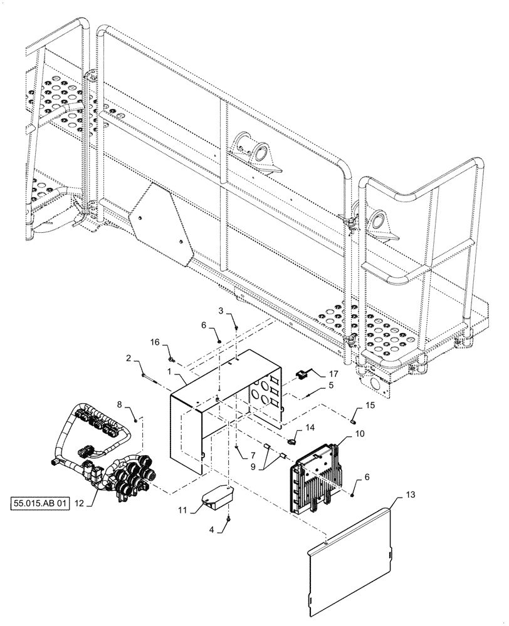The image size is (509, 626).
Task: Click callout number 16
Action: pos(155,342)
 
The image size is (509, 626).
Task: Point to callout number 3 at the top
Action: pos(221,310)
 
